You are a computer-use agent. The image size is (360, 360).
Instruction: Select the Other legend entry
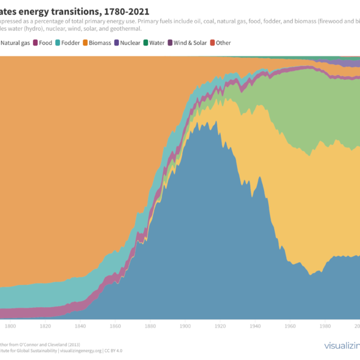(223, 43)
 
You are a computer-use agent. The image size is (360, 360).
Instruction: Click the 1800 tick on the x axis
(10, 326)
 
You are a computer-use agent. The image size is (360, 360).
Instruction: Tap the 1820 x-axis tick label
(45, 326)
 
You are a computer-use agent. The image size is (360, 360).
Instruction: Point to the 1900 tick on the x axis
(185, 326)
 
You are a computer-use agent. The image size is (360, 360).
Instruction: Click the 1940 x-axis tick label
(256, 326)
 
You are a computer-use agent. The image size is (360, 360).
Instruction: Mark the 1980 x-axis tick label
(326, 326)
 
